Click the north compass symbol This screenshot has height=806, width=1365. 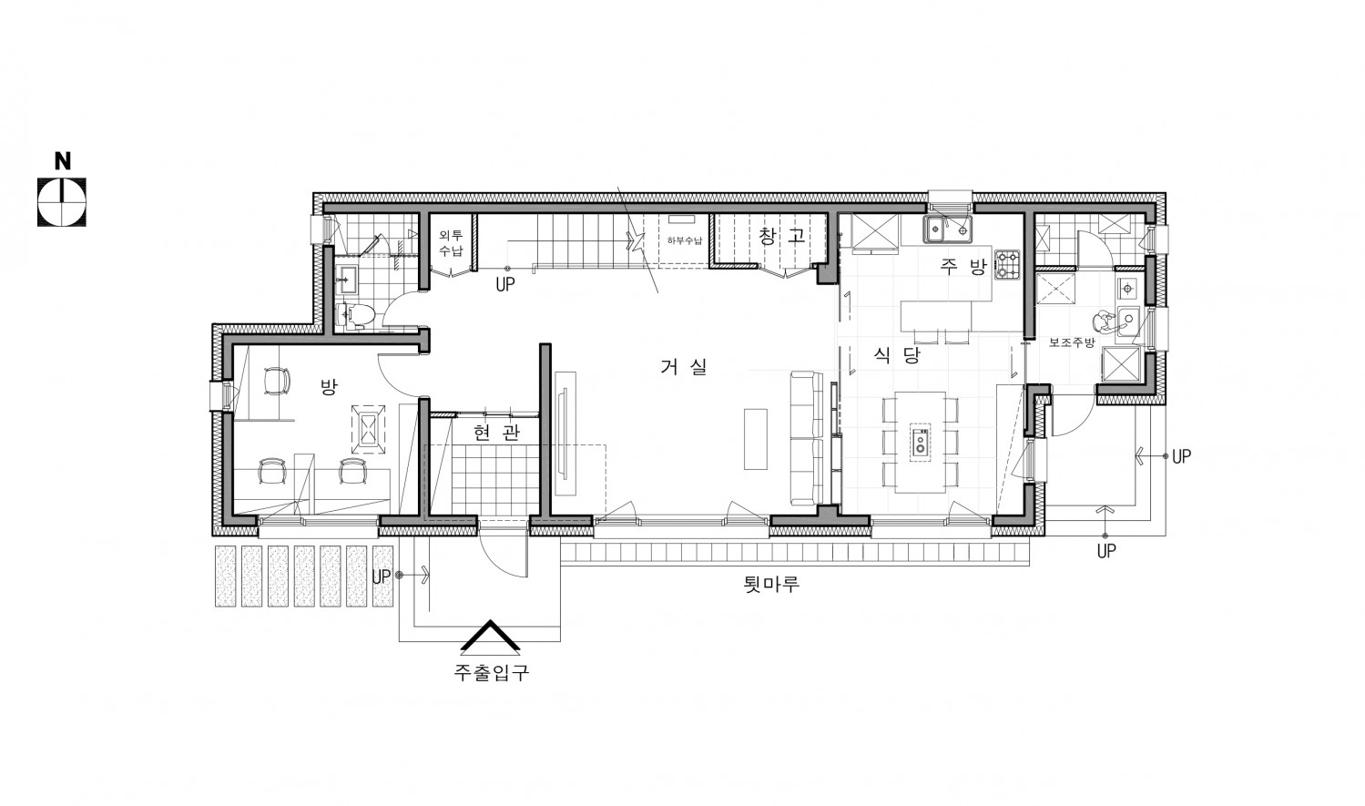tap(62, 202)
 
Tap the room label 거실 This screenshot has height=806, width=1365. tap(684, 366)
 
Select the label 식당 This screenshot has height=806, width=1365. tap(896, 354)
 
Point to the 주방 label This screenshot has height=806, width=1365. tap(963, 267)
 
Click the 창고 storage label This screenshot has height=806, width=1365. tap(782, 235)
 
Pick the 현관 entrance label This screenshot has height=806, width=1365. tap(496, 433)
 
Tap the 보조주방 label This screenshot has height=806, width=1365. tap(1072, 342)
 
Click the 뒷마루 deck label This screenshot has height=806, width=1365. tap(771, 584)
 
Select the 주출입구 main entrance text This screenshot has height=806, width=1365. tap(492, 672)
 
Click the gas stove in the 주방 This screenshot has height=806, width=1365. tap(1007, 265)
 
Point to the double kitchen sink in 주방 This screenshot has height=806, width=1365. tap(948, 230)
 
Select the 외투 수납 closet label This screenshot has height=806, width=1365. tap(451, 242)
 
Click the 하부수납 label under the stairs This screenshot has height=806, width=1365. tap(685, 240)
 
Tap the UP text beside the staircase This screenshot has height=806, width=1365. tap(505, 285)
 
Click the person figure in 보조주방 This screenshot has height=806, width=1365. tap(1105, 322)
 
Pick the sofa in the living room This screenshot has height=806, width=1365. tap(805, 438)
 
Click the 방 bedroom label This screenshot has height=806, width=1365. tap(329, 386)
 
